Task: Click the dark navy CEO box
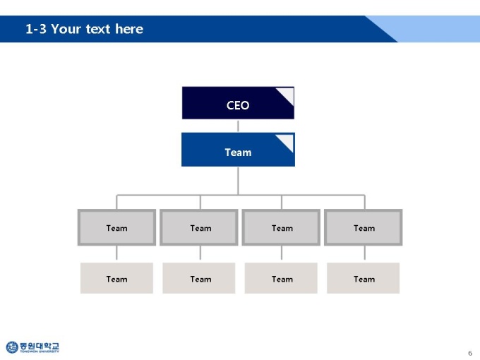238,103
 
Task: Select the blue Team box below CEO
238,150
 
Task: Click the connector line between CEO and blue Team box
238,126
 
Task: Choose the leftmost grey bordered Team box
116,227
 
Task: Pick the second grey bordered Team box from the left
198,227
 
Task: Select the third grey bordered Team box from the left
281,227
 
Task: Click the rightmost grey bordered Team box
363,227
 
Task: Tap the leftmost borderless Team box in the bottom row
116,278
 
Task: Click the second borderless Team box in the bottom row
198,278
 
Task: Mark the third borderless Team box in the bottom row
281,278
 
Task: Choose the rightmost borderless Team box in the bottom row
363,278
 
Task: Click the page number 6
470,353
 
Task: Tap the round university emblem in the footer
12,347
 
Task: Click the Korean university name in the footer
40,346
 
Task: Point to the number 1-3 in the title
36,29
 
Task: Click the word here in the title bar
129,29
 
